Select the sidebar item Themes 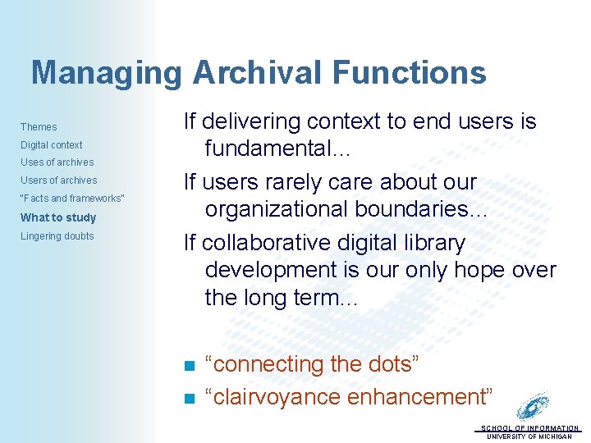tap(39, 127)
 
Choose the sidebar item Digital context tap(51, 145)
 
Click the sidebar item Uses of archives tap(57, 162)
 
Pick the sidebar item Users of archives tap(58, 180)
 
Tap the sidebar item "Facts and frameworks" tap(72, 199)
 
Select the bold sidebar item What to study tap(57, 217)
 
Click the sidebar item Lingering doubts tap(57, 236)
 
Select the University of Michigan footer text tap(529, 436)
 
